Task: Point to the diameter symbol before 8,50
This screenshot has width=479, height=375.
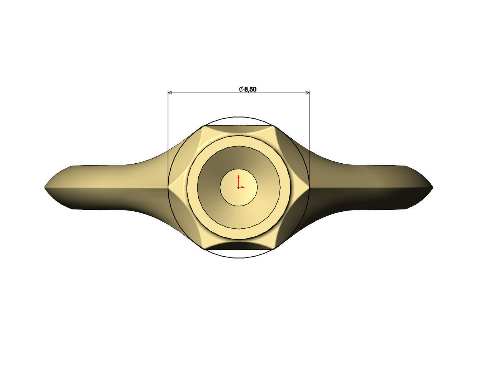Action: pyautogui.click(x=241, y=90)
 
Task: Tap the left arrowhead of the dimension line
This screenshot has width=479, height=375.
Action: pyautogui.click(x=170, y=93)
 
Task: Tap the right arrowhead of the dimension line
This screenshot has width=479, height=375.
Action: pyautogui.click(x=307, y=93)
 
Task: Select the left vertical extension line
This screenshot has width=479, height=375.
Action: pyautogui.click(x=168, y=138)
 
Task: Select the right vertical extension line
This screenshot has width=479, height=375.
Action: pyautogui.click(x=309, y=138)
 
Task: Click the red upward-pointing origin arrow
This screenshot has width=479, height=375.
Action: pyautogui.click(x=239, y=179)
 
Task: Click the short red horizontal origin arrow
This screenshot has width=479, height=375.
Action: pyautogui.click(x=243, y=187)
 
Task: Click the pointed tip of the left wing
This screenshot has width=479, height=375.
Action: pyautogui.click(x=45, y=187)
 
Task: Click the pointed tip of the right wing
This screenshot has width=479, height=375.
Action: pyautogui.click(x=432, y=187)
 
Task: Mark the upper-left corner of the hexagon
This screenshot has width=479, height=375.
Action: pyautogui.click(x=203, y=126)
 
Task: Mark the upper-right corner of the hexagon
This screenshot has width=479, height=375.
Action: pyautogui.click(x=274, y=126)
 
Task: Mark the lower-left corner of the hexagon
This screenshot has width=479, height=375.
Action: pyautogui.click(x=203, y=249)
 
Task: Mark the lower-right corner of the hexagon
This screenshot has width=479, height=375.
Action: pyautogui.click(x=274, y=249)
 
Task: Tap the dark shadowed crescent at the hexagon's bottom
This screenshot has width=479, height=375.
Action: pyautogui.click(x=239, y=246)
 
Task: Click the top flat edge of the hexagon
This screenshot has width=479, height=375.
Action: pyautogui.click(x=239, y=126)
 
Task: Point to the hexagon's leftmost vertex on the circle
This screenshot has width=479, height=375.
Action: pyautogui.click(x=168, y=187)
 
